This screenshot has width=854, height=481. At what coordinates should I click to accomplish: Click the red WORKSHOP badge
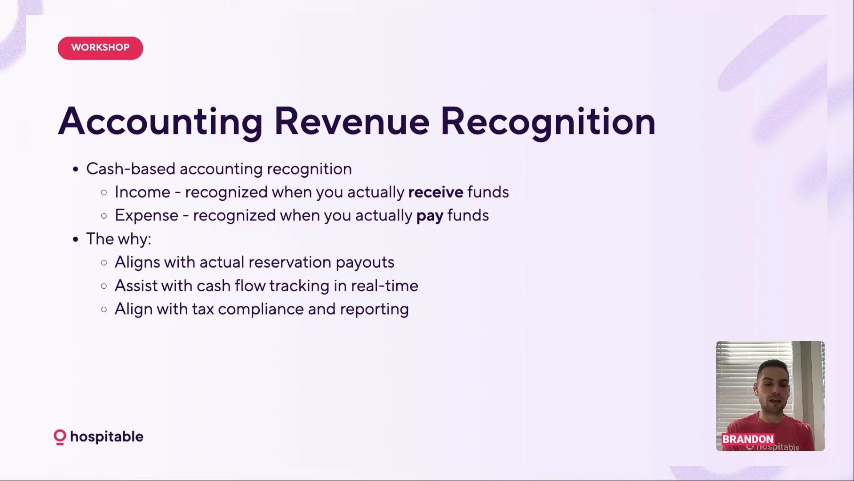[100, 48]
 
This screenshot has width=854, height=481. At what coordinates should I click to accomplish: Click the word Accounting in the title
[161, 122]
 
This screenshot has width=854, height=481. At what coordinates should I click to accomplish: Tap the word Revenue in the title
[352, 122]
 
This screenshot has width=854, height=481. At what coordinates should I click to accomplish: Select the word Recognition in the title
[548, 122]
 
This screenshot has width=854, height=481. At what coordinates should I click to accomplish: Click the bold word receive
[435, 192]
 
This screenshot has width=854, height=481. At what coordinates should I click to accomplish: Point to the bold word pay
[430, 216]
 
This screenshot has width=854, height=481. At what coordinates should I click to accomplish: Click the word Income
[142, 192]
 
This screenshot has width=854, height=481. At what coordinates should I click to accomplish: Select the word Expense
[146, 216]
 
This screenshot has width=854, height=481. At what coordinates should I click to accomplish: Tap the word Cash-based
[131, 169]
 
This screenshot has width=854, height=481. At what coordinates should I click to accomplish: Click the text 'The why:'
[119, 239]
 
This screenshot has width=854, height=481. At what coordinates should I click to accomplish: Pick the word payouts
[365, 263]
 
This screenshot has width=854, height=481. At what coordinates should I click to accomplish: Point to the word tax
[203, 310]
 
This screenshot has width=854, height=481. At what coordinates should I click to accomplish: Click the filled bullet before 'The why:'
[76, 240]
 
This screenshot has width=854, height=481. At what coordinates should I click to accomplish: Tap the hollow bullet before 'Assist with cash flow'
[104, 286]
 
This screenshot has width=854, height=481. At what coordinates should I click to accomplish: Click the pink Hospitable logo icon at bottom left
[60, 437]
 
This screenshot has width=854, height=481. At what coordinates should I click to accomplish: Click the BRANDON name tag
[748, 439]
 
